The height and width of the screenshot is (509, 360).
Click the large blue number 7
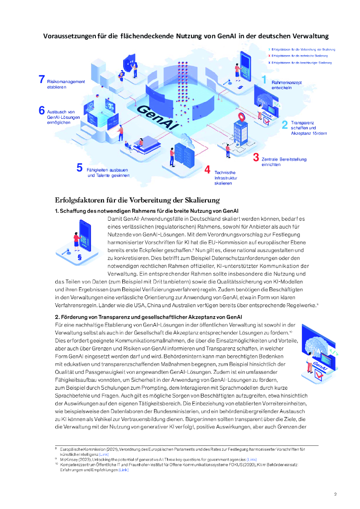point(42,80)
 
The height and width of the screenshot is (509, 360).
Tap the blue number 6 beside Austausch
point(42,111)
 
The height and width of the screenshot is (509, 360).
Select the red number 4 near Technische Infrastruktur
point(207,170)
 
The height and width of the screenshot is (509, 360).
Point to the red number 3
point(256,158)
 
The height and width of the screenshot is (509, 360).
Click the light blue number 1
point(264,80)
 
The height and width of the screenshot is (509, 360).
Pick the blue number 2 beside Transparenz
point(284,125)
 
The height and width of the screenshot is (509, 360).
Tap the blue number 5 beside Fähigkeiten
point(80,168)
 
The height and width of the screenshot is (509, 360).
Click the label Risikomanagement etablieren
point(66,84)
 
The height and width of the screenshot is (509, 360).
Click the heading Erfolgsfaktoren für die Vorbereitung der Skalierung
point(137,200)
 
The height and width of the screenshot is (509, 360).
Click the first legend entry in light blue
point(301,50)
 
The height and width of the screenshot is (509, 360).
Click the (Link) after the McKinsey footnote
point(252,459)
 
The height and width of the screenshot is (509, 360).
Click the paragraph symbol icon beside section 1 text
point(79,258)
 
